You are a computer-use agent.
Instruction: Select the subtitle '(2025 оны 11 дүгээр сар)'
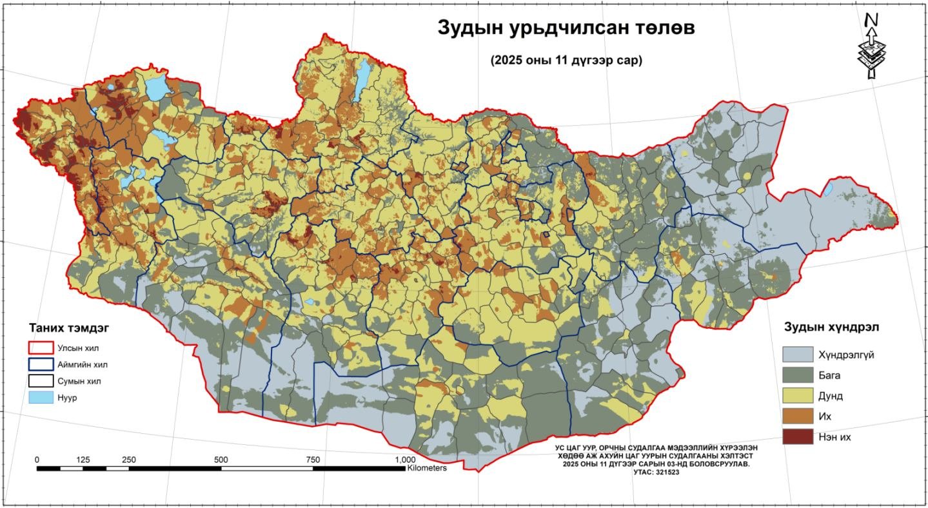coord(566,61)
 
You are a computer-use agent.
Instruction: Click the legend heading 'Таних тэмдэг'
coord(69,328)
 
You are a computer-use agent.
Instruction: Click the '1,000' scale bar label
coord(404,460)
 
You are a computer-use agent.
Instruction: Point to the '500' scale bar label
coord(221,460)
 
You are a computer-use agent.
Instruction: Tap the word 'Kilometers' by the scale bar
coord(426,468)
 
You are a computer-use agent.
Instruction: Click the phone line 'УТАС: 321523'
coord(656,472)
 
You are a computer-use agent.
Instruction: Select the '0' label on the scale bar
coord(37,460)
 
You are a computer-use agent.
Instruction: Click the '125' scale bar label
coord(83,460)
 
